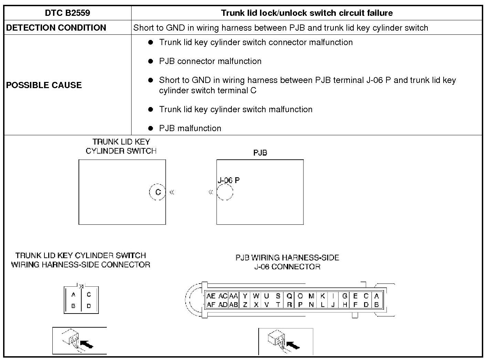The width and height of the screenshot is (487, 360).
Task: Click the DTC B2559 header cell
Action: tap(68, 13)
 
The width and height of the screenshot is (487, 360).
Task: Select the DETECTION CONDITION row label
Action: tap(56, 28)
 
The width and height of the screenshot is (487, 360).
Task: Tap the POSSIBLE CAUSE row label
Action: tap(44, 85)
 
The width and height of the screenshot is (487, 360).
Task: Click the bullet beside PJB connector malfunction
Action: tap(150, 61)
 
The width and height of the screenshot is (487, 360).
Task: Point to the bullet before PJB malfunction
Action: tap(150, 128)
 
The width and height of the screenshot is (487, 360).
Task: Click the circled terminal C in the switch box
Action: tap(158, 192)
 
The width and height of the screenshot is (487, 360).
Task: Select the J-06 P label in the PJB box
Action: tap(229, 180)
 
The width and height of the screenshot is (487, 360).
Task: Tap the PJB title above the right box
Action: tap(260, 153)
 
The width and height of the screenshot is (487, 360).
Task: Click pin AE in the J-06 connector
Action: tap(211, 296)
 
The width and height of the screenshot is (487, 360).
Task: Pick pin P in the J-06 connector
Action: tap(300, 305)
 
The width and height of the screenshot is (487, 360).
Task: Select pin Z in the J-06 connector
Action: tap(245, 305)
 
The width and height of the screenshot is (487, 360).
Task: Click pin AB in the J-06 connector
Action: tap(233, 305)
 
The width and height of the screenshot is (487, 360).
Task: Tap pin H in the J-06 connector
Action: tap(344, 305)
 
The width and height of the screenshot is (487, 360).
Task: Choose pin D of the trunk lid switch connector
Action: tap(89, 306)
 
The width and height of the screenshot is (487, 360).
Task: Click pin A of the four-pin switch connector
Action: tap(73, 295)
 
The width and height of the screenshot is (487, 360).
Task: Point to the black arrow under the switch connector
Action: tap(86, 344)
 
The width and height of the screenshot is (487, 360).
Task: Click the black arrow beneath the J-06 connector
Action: tap(293, 345)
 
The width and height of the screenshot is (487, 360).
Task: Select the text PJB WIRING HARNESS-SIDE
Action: tap(287, 258)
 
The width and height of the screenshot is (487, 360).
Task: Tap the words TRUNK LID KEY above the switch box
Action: tap(121, 142)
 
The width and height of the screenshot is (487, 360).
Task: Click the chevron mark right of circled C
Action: tap(172, 192)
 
